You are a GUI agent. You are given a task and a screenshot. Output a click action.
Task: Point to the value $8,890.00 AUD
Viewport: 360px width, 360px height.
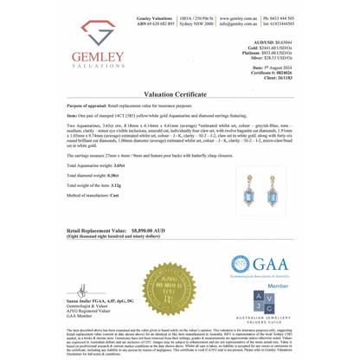click(x=145, y=232)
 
